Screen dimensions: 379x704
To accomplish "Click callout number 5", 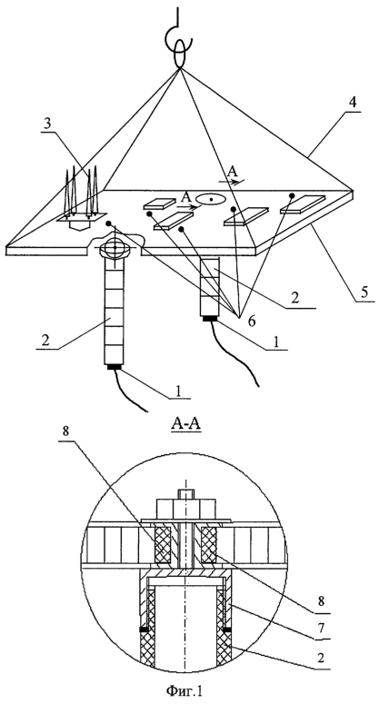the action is coord(364,293).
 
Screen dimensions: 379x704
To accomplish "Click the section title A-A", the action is coord(185,424).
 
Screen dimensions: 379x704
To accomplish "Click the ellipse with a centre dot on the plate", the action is coord(211,199).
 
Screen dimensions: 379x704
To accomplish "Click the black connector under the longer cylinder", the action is coord(115,368).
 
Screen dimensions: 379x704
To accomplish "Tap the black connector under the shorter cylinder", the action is coord(210,319).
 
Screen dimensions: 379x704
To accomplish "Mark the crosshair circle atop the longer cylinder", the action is coord(115,247).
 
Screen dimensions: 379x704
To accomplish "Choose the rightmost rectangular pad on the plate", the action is coord(303,203).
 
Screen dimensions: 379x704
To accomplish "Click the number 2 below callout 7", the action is coord(319,658).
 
